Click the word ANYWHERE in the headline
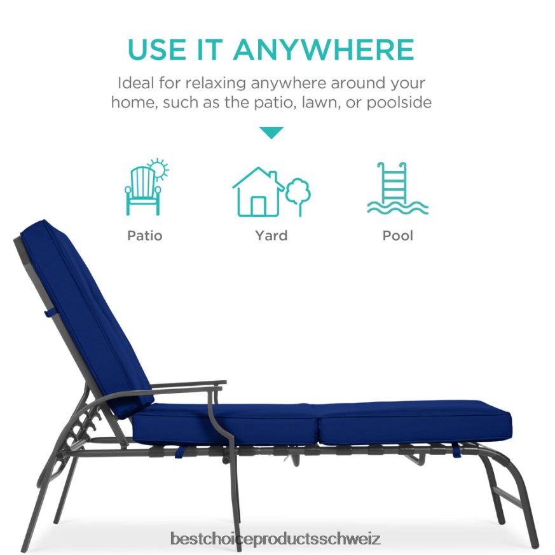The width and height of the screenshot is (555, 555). (x=324, y=50)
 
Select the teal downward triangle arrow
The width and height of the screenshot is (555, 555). (x=271, y=133)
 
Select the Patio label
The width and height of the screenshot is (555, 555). (x=145, y=236)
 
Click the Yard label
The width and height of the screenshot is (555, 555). (x=271, y=236)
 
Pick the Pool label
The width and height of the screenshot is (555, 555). (x=398, y=236)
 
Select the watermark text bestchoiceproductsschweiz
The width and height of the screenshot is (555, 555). (x=275, y=540)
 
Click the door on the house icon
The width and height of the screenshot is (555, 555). (x=258, y=205)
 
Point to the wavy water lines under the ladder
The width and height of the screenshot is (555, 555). (x=398, y=207)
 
